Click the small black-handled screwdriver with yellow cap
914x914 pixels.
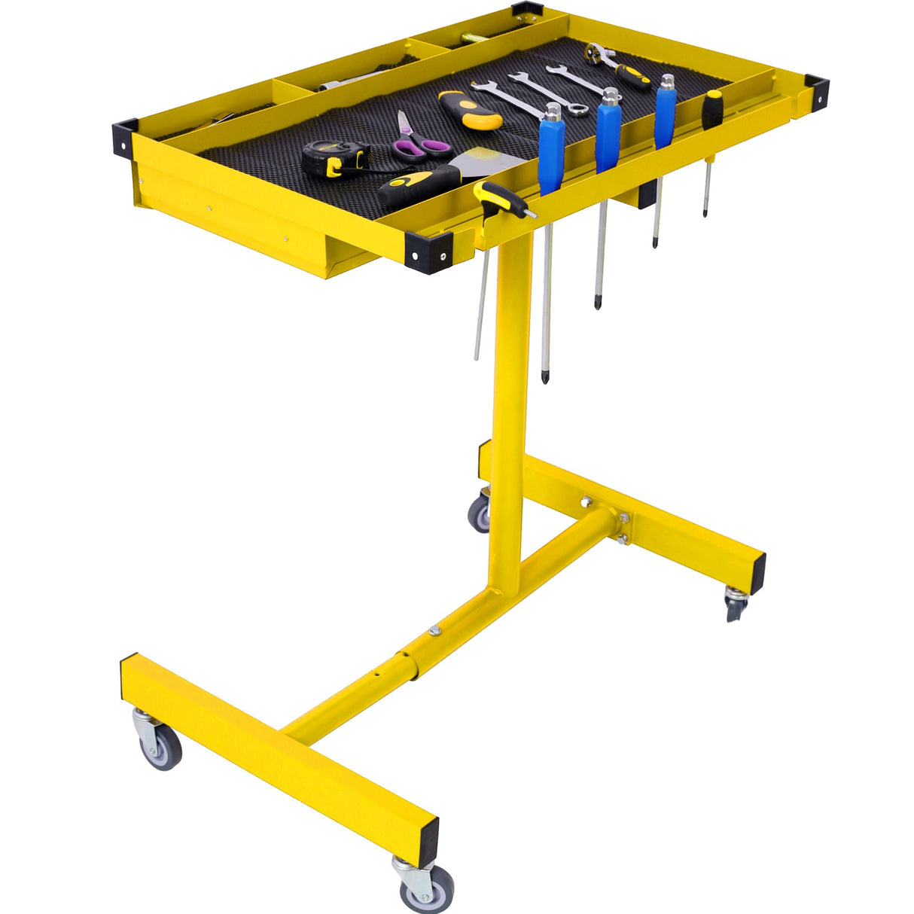[x=712, y=109]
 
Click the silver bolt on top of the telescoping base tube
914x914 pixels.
[x=434, y=631]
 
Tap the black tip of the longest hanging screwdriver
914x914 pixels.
[x=544, y=376]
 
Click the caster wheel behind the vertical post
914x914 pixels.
[x=480, y=513]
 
